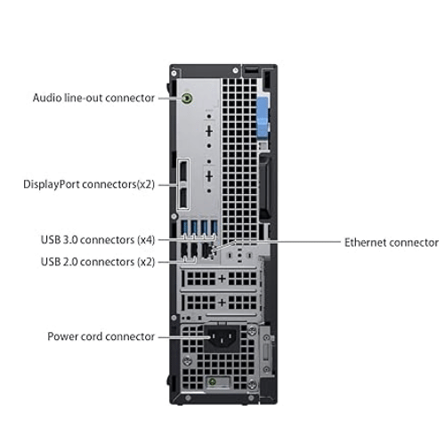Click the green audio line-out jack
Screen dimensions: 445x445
coord(188,98)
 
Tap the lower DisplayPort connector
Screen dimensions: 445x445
coord(182,197)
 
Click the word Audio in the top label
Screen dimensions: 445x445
coord(48,98)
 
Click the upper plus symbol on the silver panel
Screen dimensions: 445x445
coord(207,131)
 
